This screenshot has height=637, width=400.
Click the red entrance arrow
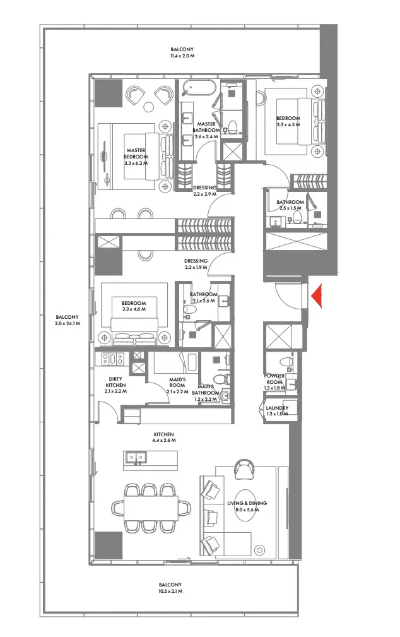316,295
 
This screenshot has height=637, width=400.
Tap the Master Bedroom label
136,153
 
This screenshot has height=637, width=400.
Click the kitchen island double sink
136,458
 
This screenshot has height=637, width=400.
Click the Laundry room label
278,408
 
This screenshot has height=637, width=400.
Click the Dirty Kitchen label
115,383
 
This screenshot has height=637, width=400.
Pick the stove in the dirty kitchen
112,359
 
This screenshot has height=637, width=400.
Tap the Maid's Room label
177,383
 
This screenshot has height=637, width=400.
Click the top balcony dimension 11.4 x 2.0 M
182,56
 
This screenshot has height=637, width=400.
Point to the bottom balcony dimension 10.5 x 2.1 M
170,591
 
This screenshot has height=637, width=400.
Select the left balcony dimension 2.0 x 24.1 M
68,324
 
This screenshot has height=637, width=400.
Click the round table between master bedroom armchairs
150,107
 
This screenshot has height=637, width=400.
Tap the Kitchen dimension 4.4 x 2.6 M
164,441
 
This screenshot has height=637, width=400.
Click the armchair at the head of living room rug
244,469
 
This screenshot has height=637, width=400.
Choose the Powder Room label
274,379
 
